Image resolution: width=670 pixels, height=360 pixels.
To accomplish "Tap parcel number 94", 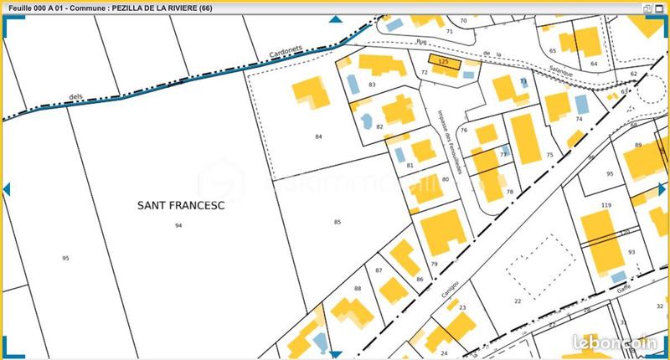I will tap(178, 226).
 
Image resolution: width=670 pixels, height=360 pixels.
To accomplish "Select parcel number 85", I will tap(338, 222).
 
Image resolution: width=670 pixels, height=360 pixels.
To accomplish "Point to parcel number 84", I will tap(318, 136).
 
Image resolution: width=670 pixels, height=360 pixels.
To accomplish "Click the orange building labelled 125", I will tap(444, 61).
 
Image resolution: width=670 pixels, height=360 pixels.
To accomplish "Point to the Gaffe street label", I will tap(623, 285).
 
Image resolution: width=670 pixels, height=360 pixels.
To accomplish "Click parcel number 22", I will tap(518, 301).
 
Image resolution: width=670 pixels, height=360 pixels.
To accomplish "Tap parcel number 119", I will tap(606, 205).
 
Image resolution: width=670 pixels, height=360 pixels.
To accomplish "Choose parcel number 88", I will tap(358, 289).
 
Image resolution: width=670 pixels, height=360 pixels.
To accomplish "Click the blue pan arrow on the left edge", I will tap(7, 189).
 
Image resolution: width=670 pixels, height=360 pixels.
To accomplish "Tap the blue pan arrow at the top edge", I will tap(335, 19).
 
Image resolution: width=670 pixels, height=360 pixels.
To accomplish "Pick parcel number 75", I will tap(549, 156).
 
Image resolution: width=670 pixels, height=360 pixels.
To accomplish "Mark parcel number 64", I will tap(594, 64).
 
